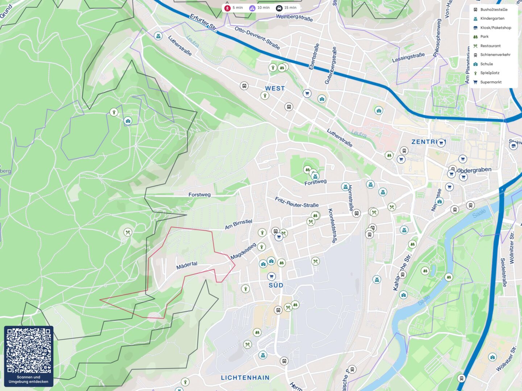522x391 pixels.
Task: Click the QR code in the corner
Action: pyautogui.click(x=29, y=350)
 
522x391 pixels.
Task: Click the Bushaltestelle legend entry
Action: pyautogui.click(x=493, y=10)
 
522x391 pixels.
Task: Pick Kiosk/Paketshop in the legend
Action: pyautogui.click(x=495, y=28)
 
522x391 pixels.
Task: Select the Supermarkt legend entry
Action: pyautogui.click(x=490, y=82)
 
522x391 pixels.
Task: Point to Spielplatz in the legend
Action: pyautogui.click(x=489, y=73)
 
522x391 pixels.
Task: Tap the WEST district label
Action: pyautogui.click(x=275, y=88)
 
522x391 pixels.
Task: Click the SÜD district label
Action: pyautogui.click(x=276, y=285)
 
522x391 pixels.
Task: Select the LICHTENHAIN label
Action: pyautogui.click(x=245, y=378)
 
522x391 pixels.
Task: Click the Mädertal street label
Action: pyautogui.click(x=187, y=265)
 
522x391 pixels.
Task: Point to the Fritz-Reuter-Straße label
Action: pyautogui.click(x=297, y=202)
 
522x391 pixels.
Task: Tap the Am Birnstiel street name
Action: pyautogui.click(x=238, y=224)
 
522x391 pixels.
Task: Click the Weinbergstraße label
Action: pyautogui.click(x=294, y=17)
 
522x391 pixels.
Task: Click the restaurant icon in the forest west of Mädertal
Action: pyautogui.click(x=128, y=232)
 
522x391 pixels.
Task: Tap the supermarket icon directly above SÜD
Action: pyautogui.click(x=271, y=277)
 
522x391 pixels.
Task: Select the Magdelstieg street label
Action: pyautogui.click(x=243, y=251)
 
